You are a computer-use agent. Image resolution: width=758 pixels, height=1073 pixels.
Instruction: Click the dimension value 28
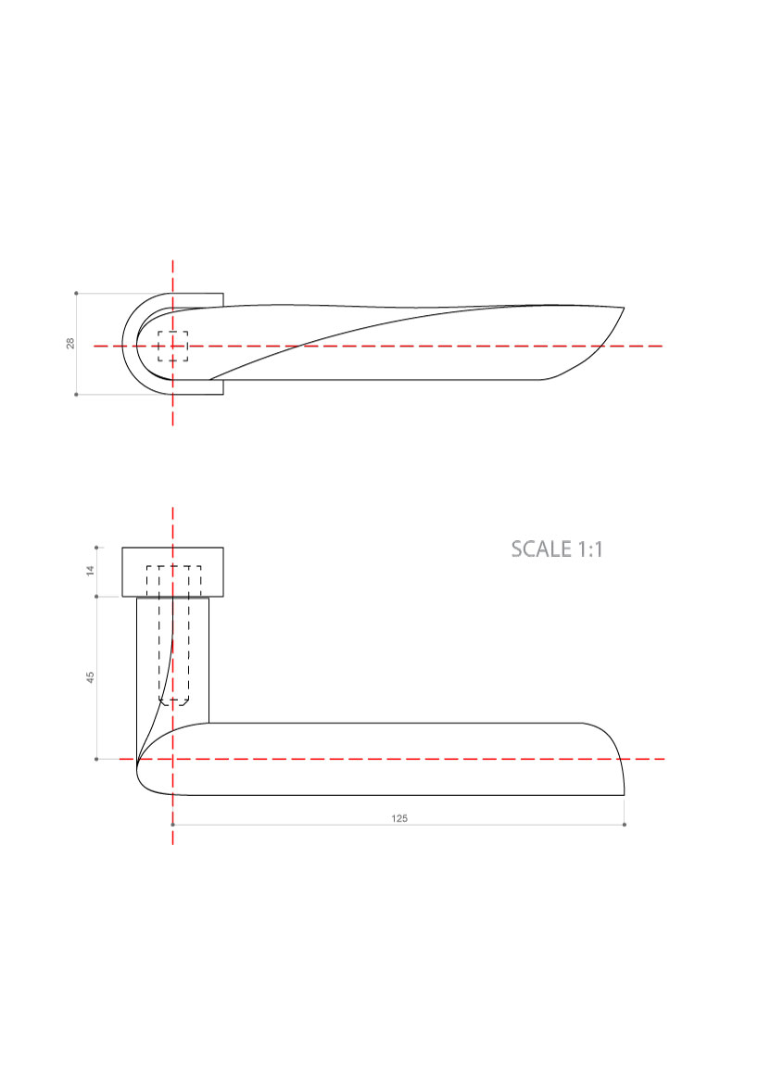(x=70, y=344)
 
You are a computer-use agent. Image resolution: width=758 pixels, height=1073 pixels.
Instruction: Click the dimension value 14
(x=90, y=571)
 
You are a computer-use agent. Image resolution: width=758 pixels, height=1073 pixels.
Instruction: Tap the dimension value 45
(x=90, y=676)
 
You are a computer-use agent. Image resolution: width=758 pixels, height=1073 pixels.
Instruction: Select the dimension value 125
(x=399, y=818)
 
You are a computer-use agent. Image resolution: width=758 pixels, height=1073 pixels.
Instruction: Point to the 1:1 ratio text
(x=589, y=549)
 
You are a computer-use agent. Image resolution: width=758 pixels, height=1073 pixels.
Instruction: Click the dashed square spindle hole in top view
(x=173, y=347)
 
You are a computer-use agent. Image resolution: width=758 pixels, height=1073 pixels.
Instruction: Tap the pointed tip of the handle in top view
(x=624, y=308)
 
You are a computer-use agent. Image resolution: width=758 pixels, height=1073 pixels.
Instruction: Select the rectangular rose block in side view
(x=173, y=572)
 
